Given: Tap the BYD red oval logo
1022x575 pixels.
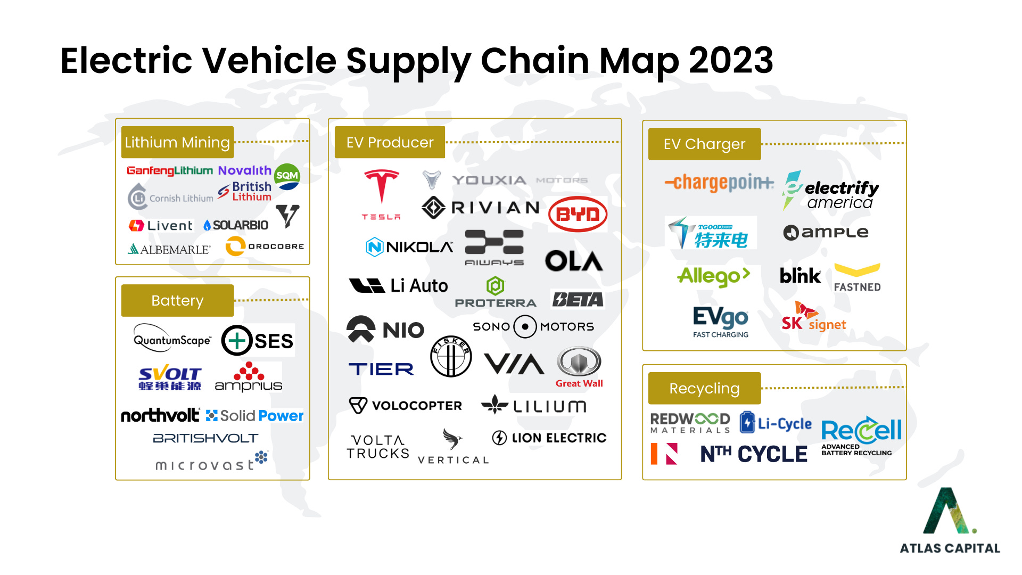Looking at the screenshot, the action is pyautogui.click(x=578, y=215).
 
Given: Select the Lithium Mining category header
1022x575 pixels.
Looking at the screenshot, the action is pyautogui.click(x=177, y=142).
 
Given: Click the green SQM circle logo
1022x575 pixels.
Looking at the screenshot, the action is pyautogui.click(x=287, y=176).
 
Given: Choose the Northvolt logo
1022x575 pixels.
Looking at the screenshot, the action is pyautogui.click(x=160, y=415).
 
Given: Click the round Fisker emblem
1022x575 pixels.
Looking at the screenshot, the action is pyautogui.click(x=450, y=356).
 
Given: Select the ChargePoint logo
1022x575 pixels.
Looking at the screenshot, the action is pyautogui.click(x=719, y=183).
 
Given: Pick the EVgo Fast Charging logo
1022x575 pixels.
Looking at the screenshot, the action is pyautogui.click(x=721, y=322).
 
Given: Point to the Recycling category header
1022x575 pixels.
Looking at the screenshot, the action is pyautogui.click(x=704, y=388).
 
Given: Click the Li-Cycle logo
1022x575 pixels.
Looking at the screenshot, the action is pyautogui.click(x=776, y=423).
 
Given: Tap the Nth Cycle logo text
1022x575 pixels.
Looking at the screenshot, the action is pyautogui.click(x=754, y=454).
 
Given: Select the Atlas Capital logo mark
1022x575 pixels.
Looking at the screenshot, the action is pyautogui.click(x=949, y=511).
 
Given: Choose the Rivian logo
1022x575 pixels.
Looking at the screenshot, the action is pyautogui.click(x=481, y=207).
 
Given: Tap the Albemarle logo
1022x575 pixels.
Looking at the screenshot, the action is pyautogui.click(x=169, y=249).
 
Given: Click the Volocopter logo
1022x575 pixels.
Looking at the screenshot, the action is pyautogui.click(x=406, y=406).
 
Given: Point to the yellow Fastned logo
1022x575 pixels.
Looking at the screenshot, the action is pyautogui.click(x=857, y=277).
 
